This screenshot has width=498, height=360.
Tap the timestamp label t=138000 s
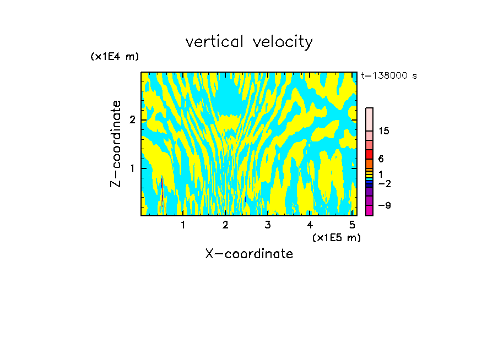coord(389,76)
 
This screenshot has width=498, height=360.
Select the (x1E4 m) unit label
coord(115,57)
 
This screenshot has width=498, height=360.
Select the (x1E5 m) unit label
coord(336,238)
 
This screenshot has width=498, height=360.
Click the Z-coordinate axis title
coord(116,144)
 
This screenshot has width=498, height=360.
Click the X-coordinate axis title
coord(249,254)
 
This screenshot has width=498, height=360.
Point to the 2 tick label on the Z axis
coord(132,120)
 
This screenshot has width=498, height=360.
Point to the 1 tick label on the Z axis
coord(132,168)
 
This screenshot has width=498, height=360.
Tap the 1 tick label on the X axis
coord(183,225)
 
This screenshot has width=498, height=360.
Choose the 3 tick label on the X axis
coord(267,225)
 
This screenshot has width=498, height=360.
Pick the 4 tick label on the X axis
coord(310,225)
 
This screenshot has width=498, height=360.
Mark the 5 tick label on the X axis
coord(352,225)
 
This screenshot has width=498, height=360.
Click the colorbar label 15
coord(385,131)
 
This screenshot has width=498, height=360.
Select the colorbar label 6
coord(381,159)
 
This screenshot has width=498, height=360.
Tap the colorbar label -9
coord(384,205)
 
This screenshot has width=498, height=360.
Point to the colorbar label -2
coord(384,183)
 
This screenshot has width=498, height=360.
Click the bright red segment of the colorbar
coord(370,154)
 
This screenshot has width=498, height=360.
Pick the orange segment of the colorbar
coord(370,163)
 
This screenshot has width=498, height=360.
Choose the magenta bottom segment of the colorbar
coord(370,210)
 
